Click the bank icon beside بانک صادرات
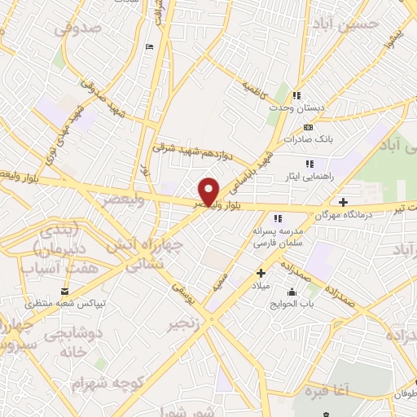tap(307, 127)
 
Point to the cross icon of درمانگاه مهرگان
tap(343, 202)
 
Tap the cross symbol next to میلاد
tap(261, 273)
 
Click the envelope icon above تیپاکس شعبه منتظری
tap(64, 291)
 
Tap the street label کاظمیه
tap(255, 86)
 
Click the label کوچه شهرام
tap(103, 382)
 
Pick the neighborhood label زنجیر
tap(184, 324)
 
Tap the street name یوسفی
tap(183, 296)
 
